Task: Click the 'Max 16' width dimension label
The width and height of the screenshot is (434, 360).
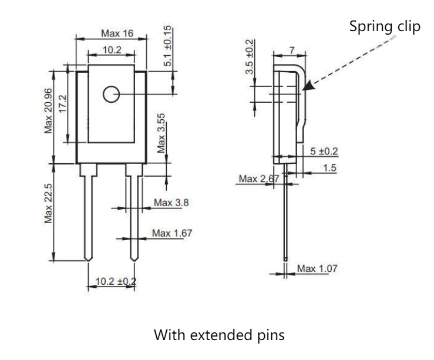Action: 117,33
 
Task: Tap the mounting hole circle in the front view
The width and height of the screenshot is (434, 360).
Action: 111,86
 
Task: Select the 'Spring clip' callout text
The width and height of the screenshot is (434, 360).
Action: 385,27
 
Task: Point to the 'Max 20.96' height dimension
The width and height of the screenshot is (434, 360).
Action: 48,110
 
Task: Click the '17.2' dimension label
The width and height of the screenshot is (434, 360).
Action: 63,104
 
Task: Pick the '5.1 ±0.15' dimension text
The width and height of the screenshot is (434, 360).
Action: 167,46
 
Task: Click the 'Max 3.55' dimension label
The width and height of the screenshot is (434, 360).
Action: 161,133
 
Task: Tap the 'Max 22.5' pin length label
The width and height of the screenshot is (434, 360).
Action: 48,203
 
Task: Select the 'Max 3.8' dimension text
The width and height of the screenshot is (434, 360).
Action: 171,203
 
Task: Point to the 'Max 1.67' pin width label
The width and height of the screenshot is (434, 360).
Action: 172,233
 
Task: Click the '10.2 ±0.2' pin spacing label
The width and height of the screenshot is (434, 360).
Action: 116,281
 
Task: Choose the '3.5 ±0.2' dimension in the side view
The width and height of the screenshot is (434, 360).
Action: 250,57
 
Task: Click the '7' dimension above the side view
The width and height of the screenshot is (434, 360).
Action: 292,51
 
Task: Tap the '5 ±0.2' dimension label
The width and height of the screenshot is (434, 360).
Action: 324,152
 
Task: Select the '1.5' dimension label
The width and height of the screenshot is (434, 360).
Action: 329,168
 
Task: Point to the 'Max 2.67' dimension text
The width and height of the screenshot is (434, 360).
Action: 259,179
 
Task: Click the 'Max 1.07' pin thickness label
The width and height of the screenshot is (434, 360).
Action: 317,268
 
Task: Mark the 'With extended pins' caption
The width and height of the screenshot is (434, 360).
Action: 219,335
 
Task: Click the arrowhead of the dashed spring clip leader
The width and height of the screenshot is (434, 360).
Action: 308,86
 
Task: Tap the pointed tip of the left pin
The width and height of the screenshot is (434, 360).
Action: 88,261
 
